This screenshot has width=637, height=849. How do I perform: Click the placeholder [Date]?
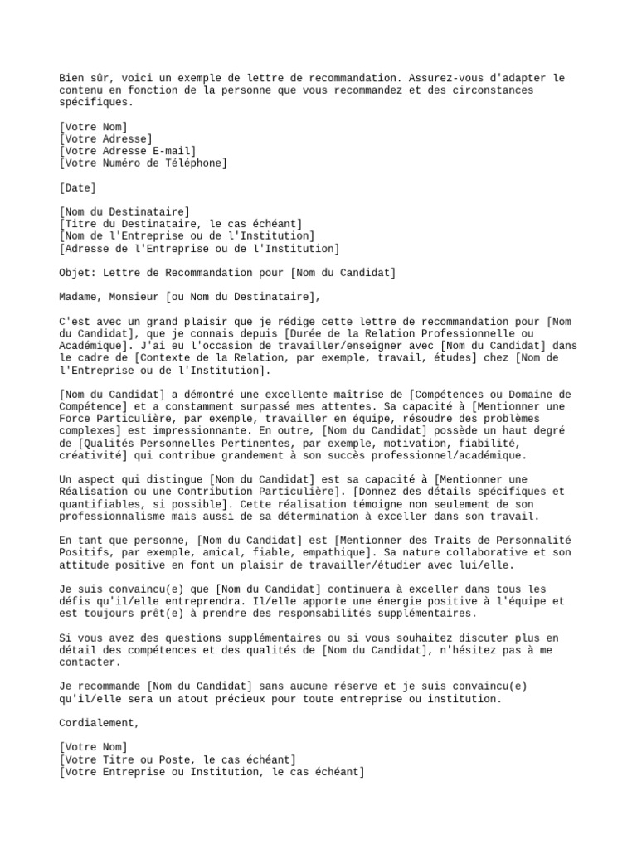pyautogui.click(x=78, y=188)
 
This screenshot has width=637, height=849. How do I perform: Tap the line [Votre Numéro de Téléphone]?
pyautogui.click(x=143, y=163)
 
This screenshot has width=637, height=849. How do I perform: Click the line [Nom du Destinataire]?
pyautogui.click(x=124, y=212)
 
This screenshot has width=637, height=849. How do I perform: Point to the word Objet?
pyautogui.click(x=77, y=273)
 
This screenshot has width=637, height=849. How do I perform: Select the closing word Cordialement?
pyautogui.click(x=100, y=723)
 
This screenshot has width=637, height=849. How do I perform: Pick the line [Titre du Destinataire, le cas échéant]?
pyautogui.click(x=181, y=224)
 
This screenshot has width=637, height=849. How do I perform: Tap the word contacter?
pyautogui.click(x=90, y=662)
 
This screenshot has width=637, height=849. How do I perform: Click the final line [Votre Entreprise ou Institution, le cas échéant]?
pyautogui.click(x=212, y=772)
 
